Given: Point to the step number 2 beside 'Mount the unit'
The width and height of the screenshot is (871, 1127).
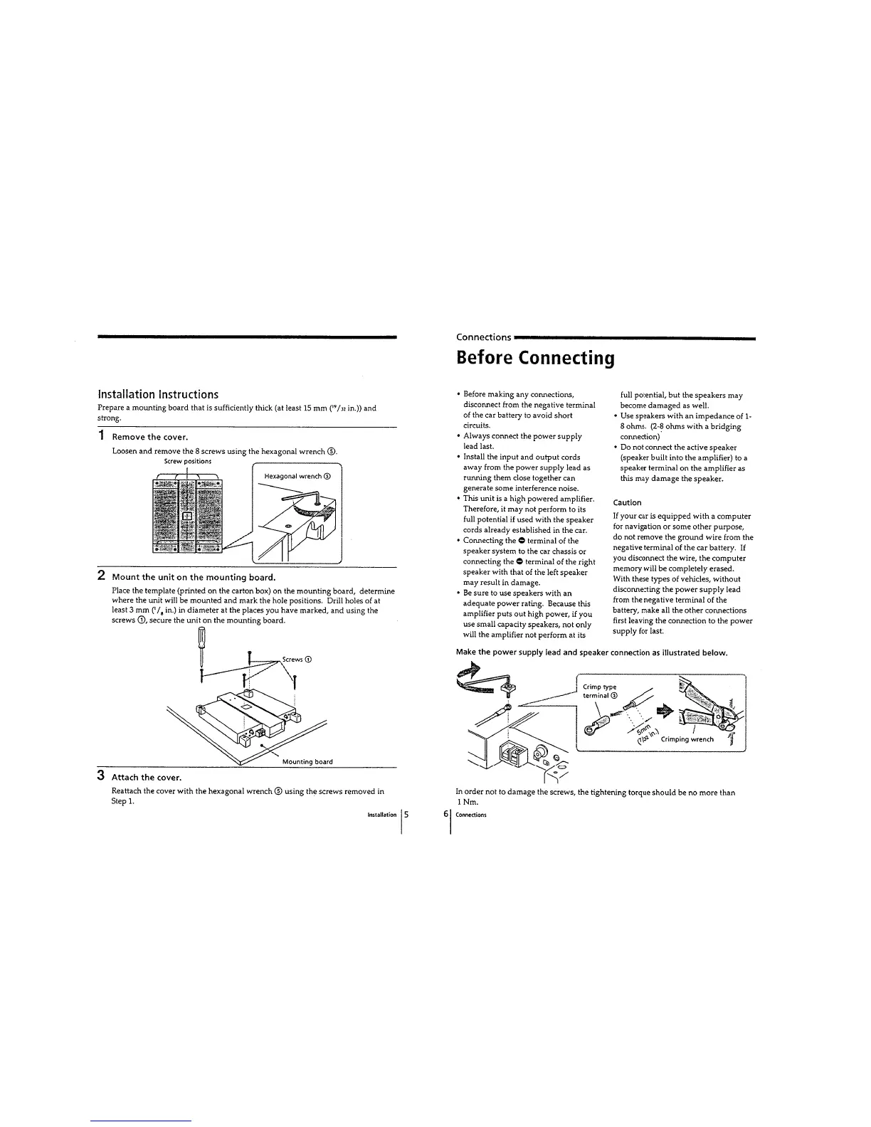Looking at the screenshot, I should (x=102, y=574).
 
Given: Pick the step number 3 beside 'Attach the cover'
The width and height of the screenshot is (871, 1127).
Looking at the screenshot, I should (x=102, y=774).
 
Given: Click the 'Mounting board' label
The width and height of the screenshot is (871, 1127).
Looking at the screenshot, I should (x=307, y=761).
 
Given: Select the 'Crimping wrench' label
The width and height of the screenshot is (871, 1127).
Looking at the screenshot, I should (x=687, y=739).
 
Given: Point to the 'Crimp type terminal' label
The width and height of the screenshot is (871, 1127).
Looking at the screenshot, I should (x=600, y=691).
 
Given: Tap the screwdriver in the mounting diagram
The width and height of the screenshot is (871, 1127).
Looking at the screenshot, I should (x=201, y=650).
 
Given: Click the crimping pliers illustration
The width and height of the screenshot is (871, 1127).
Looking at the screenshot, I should (x=712, y=708).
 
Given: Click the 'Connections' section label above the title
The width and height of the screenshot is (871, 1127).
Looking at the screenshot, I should (x=483, y=337).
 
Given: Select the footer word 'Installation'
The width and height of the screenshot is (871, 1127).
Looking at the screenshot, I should (x=381, y=815).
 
